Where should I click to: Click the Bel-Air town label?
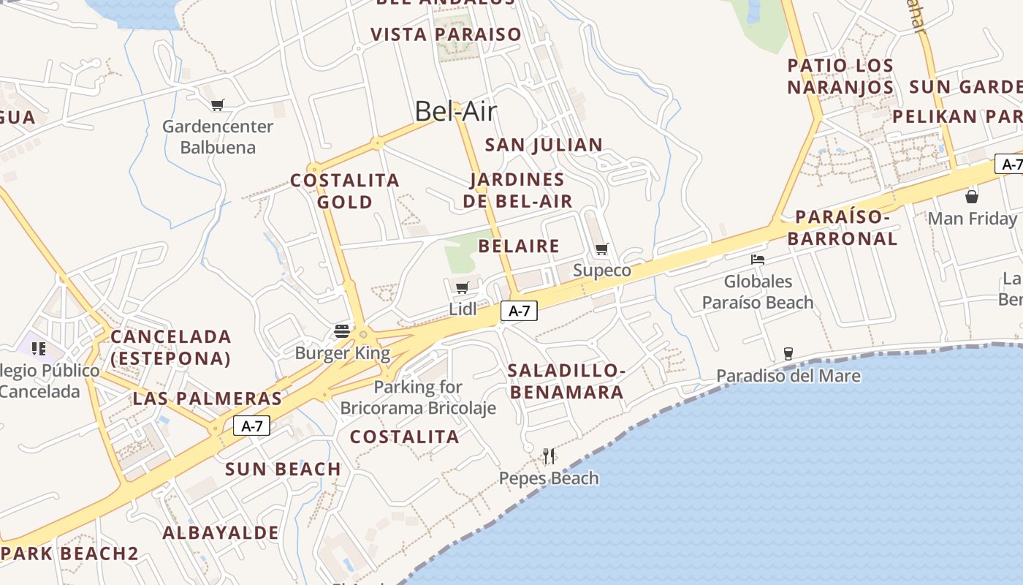[455, 111]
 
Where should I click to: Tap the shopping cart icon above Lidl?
[462, 287]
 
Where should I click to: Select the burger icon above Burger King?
[341, 331]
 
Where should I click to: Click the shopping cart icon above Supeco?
[602, 249]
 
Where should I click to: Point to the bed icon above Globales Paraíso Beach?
[758, 259]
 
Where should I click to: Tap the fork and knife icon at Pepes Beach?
[549, 456]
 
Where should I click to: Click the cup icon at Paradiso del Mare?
[788, 353]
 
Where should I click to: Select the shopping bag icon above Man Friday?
[972, 196]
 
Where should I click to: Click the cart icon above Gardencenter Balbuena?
[217, 105]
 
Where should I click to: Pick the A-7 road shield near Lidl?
[519, 311]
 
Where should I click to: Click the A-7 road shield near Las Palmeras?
[252, 426]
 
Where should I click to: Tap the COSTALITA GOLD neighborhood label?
[345, 191]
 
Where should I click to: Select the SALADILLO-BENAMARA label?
[567, 381]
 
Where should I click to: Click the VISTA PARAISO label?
[446, 34]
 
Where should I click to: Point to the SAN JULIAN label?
[544, 145]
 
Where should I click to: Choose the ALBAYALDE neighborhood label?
[221, 532]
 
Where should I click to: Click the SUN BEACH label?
[284, 469]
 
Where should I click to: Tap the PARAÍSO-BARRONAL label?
[843, 227]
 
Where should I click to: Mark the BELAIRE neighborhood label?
[519, 246]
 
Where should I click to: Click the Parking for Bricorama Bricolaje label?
[418, 397]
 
